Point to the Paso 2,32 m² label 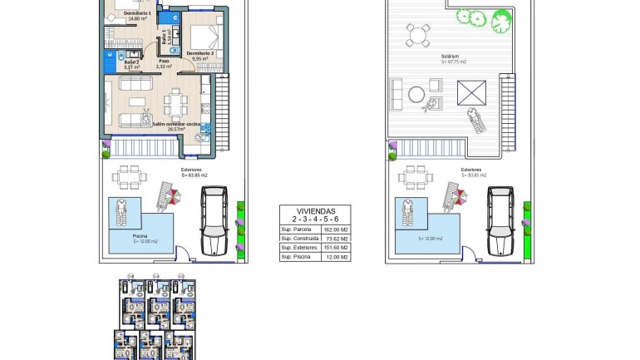click(x=165, y=63)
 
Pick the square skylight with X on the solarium click(x=470, y=91)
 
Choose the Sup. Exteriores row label click(x=298, y=248)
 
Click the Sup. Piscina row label click(x=295, y=258)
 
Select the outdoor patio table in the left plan click(x=128, y=177)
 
